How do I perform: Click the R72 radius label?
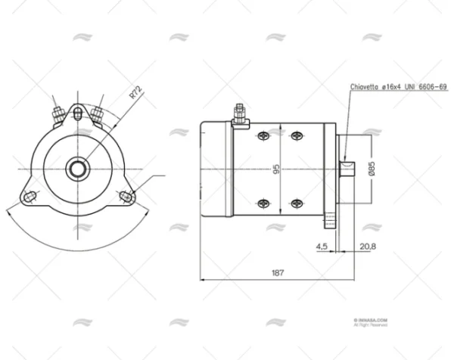click(x=135, y=92)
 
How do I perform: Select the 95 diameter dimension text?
click(x=277, y=168)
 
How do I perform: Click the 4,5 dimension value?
click(x=321, y=246)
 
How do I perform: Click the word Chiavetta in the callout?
click(x=365, y=88)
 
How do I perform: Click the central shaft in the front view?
click(x=77, y=168)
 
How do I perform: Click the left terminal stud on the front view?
click(x=57, y=114)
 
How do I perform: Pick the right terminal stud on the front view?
click(x=97, y=114)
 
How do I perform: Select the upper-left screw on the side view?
click(x=263, y=135)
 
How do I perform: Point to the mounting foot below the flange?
click(x=331, y=222)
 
